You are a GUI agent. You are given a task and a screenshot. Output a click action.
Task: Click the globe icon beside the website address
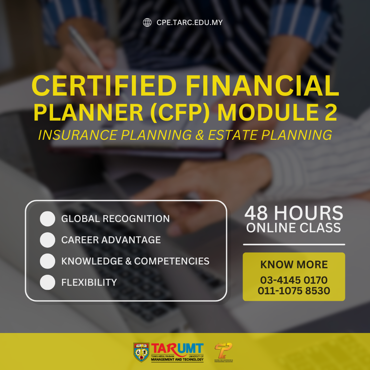click(x=147, y=23)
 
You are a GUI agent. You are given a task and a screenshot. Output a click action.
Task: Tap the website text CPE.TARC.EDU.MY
click(x=189, y=23)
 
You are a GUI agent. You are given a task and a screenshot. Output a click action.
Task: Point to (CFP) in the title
click(x=181, y=113)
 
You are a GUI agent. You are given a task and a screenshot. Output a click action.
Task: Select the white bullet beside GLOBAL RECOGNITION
click(x=47, y=219)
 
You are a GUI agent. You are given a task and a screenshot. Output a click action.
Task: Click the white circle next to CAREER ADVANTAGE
click(x=47, y=240)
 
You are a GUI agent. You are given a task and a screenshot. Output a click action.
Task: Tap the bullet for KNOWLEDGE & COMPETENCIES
click(x=47, y=261)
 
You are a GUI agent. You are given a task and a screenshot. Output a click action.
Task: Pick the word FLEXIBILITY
click(x=89, y=282)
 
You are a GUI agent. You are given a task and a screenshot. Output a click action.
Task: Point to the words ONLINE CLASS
click(x=294, y=228)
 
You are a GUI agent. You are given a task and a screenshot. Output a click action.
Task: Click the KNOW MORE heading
click(x=294, y=264)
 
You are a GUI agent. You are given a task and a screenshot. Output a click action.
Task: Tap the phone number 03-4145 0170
click(x=294, y=280)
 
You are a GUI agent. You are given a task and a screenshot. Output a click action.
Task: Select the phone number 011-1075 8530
click(x=294, y=291)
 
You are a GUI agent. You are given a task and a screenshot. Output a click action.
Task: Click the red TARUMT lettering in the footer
click(x=177, y=348)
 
